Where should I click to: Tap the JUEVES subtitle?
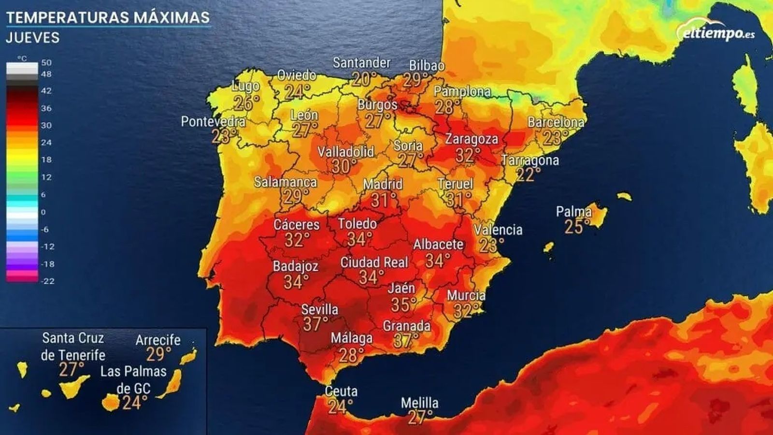coord(33,38)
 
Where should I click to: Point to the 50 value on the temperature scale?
coord(46,63)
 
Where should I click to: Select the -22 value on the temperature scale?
coord(47,281)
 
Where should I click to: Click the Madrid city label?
coord(383,184)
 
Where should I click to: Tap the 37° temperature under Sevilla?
coord(315,324)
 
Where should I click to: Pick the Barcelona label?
coord(556,122)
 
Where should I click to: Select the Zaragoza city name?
coord(471,139)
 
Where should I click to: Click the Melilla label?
coord(419,403)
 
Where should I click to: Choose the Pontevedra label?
coord(213,122)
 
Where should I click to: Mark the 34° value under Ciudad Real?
coord(371,277)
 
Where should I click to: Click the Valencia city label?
coord(498,230)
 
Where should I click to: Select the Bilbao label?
coord(427,65)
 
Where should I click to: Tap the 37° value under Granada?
coord(406,341)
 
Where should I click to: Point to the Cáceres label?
coord(296,225)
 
